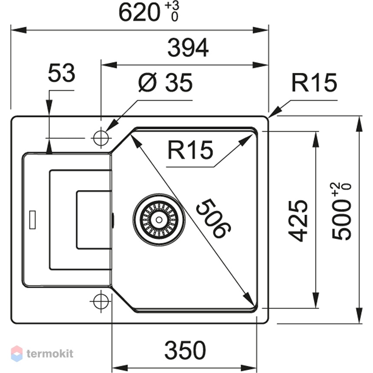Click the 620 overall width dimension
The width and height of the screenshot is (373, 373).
click(x=139, y=13)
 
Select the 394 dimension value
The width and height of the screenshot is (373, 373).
click(x=188, y=48)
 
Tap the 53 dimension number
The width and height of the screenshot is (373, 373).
click(x=62, y=73)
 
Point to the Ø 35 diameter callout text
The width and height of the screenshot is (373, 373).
click(x=166, y=82)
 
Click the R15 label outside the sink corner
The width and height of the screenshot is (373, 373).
click(x=314, y=82)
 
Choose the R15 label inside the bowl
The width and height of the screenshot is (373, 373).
click(x=190, y=150)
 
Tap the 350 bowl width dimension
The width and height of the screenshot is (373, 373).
click(x=185, y=350)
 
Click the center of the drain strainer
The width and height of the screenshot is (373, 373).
click(x=159, y=219)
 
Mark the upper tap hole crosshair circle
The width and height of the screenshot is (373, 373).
click(x=101, y=138)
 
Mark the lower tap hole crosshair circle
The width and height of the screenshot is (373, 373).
click(x=101, y=301)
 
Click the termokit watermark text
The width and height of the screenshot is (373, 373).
click(x=50, y=353)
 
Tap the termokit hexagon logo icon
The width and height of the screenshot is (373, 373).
click(x=16, y=353)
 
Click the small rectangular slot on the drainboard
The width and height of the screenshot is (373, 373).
click(x=33, y=219)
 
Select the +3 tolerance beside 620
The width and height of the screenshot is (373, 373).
click(x=172, y=6)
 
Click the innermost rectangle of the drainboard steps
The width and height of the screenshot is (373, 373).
click(x=94, y=219)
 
